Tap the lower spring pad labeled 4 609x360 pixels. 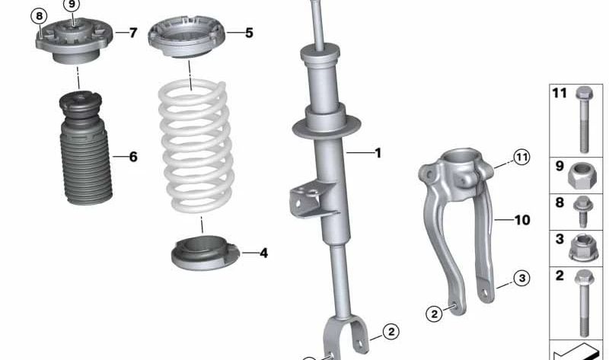[x=204, y=253]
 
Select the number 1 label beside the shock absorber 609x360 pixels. [x=377, y=153]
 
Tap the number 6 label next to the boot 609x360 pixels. [x=133, y=157]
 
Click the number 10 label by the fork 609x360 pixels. [x=521, y=221]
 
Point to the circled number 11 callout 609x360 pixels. [x=520, y=158]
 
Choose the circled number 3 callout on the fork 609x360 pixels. [x=520, y=278]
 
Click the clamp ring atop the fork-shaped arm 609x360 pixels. [x=463, y=164]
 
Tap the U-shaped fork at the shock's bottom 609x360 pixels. [x=346, y=335]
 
